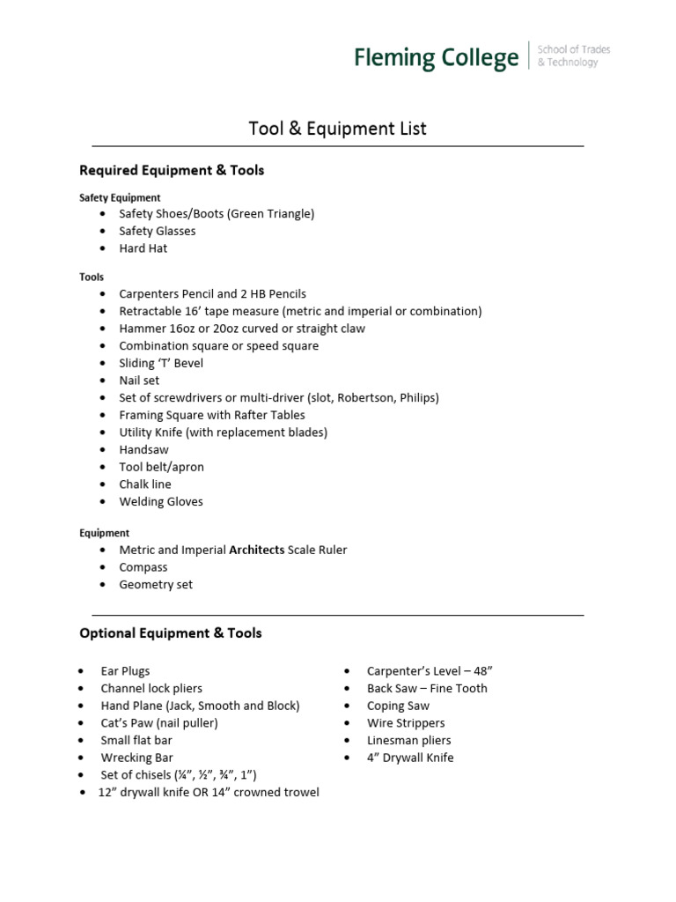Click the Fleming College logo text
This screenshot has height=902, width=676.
pyautogui.click(x=436, y=58)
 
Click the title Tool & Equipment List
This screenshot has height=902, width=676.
pyautogui.click(x=338, y=129)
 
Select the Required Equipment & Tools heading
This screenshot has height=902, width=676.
pyautogui.click(x=172, y=170)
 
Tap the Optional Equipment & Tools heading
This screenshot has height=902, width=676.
pyautogui.click(x=170, y=632)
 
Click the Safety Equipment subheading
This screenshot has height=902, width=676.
pyautogui.click(x=120, y=197)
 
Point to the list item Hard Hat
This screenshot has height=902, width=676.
pyautogui.click(x=143, y=248)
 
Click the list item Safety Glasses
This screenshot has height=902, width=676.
pyautogui.click(x=158, y=231)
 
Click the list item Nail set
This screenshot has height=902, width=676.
pyautogui.click(x=140, y=381)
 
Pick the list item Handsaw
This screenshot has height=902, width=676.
pyautogui.click(x=143, y=449)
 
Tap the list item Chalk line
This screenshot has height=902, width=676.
pyautogui.click(x=145, y=484)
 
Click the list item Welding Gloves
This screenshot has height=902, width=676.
pyautogui.click(x=161, y=501)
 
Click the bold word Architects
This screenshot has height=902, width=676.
pyautogui.click(x=257, y=550)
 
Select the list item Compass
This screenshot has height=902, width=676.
pyautogui.click(x=143, y=567)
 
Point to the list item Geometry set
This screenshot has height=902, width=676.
pyautogui.click(x=156, y=584)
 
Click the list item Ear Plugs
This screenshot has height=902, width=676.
pyautogui.click(x=125, y=671)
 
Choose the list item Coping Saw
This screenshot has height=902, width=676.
pyautogui.click(x=398, y=706)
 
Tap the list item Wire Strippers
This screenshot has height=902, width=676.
pyautogui.click(x=406, y=723)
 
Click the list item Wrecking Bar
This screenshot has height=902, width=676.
pyautogui.click(x=136, y=758)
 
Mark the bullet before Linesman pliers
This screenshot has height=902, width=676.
pyautogui.click(x=348, y=741)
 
